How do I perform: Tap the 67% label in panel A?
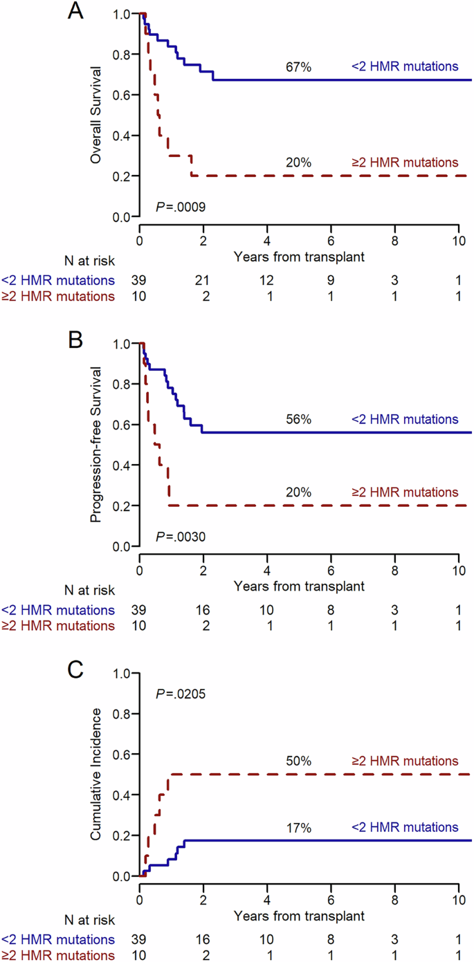(299, 67)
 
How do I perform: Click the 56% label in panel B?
(299, 419)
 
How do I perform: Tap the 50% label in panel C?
(299, 761)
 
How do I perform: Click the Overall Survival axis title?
(97, 115)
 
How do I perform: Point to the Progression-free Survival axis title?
(97, 445)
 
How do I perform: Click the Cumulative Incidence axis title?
(97, 775)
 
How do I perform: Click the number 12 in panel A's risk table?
(267, 280)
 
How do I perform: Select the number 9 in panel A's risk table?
(331, 280)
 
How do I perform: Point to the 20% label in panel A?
(299, 163)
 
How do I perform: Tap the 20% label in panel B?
(299, 493)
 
